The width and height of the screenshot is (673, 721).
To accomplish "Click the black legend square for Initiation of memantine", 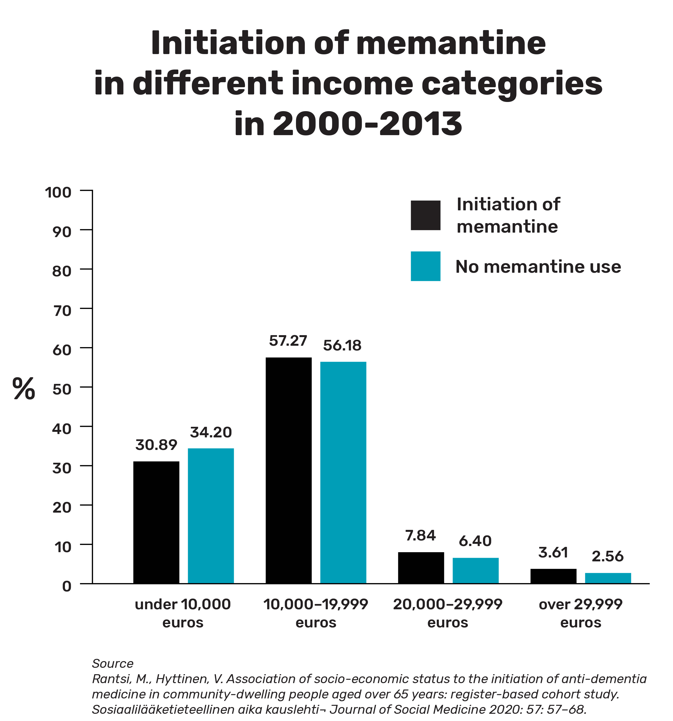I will click(425, 215).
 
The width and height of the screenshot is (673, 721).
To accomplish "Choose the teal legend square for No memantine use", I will click(425, 266).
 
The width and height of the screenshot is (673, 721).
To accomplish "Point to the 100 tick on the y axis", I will click(58, 192).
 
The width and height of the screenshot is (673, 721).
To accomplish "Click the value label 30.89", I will click(156, 445).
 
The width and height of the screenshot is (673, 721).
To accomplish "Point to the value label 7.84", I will click(421, 535).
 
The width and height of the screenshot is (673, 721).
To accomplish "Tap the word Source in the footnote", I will click(113, 664).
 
